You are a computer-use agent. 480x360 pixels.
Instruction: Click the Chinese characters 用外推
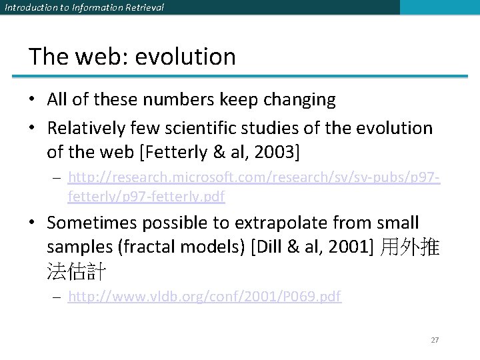click(409, 248)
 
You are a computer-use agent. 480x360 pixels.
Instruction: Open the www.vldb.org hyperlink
click(205, 297)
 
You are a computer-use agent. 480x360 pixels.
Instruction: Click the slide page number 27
click(435, 340)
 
